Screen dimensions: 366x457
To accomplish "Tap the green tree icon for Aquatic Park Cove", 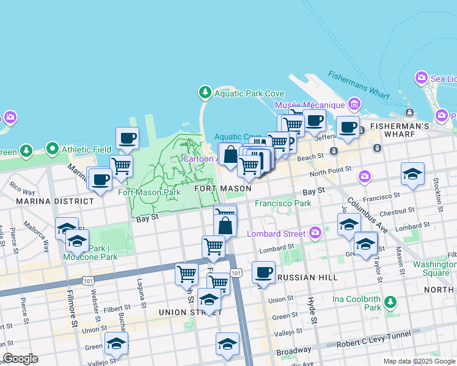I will (205, 93).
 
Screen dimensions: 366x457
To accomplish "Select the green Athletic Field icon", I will (53, 149).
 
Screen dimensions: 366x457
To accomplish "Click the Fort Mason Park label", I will (149, 192).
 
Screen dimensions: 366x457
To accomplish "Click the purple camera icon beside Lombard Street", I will (315, 233).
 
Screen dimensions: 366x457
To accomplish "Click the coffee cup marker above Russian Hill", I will (263, 271).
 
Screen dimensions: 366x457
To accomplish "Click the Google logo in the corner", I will (20, 359).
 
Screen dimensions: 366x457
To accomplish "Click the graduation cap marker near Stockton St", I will (412, 173).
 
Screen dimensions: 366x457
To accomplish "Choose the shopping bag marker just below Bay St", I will (225, 226).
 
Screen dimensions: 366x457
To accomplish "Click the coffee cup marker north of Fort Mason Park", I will (127, 138).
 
